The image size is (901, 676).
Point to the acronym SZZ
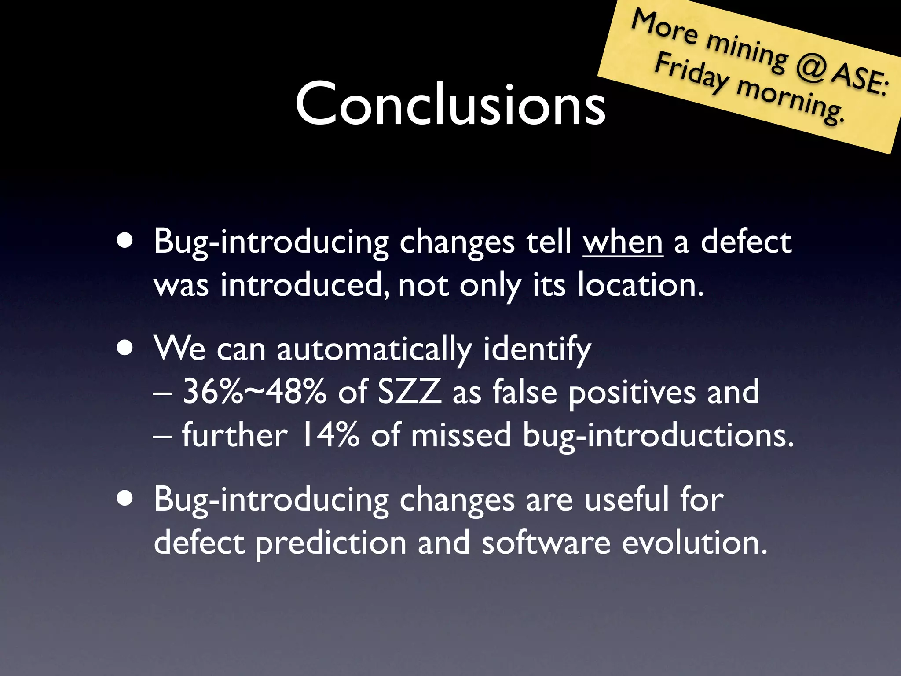(x=409, y=391)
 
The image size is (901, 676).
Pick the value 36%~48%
(x=254, y=391)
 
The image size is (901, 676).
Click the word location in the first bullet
(x=640, y=285)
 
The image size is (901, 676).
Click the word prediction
(x=331, y=544)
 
